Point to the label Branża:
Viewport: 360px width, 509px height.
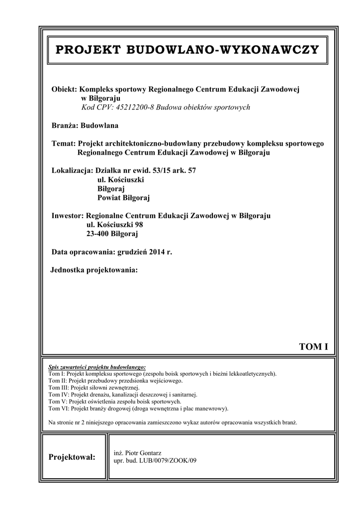point(65,125)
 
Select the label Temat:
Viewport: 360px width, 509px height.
point(64,144)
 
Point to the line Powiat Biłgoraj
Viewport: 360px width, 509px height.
point(124,198)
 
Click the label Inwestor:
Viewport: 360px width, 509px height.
point(68,216)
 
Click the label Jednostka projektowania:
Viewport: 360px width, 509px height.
point(93,270)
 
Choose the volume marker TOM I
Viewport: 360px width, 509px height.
point(313,346)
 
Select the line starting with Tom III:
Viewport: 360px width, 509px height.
point(94,388)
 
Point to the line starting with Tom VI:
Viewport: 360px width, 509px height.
point(138,409)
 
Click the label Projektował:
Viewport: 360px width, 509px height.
point(72,457)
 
